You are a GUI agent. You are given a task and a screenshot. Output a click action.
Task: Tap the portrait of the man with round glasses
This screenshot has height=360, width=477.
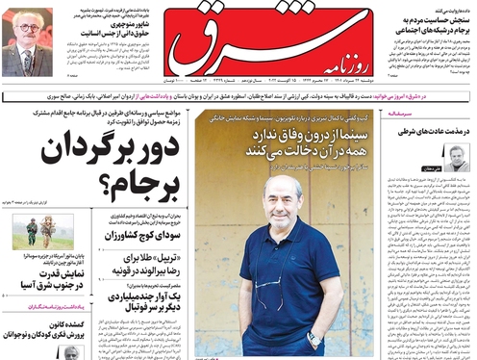click(27, 42)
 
